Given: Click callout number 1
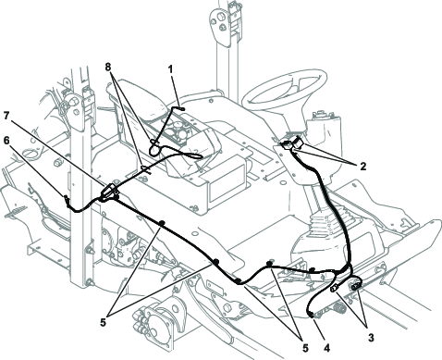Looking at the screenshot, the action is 170,69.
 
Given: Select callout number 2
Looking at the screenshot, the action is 363,167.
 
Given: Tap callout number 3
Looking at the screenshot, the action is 371,337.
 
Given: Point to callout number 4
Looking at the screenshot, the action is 326,348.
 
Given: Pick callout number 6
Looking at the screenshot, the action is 7,140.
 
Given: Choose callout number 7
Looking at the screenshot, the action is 7,116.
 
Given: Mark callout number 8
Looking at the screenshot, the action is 108,67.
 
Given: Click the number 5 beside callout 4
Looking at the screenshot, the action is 305,348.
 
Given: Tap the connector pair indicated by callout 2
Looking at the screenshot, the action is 292,143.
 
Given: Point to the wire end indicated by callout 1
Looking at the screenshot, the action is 181,108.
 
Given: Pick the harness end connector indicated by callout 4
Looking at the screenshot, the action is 311,315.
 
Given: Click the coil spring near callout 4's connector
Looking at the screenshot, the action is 339,307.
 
